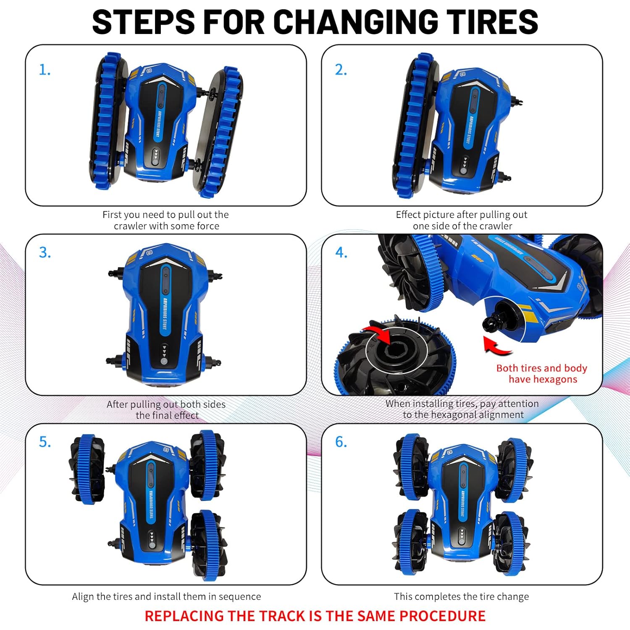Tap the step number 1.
45,70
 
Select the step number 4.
341,252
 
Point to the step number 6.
341,442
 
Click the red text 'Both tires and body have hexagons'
542,373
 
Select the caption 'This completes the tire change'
461,596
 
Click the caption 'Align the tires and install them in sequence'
166,596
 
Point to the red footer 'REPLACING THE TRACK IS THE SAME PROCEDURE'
315,616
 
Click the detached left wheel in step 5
87,469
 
